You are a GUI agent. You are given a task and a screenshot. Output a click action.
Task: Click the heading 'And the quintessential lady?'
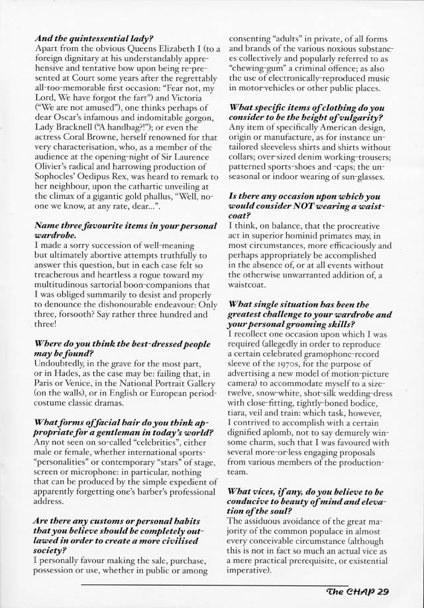tap(93, 38)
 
